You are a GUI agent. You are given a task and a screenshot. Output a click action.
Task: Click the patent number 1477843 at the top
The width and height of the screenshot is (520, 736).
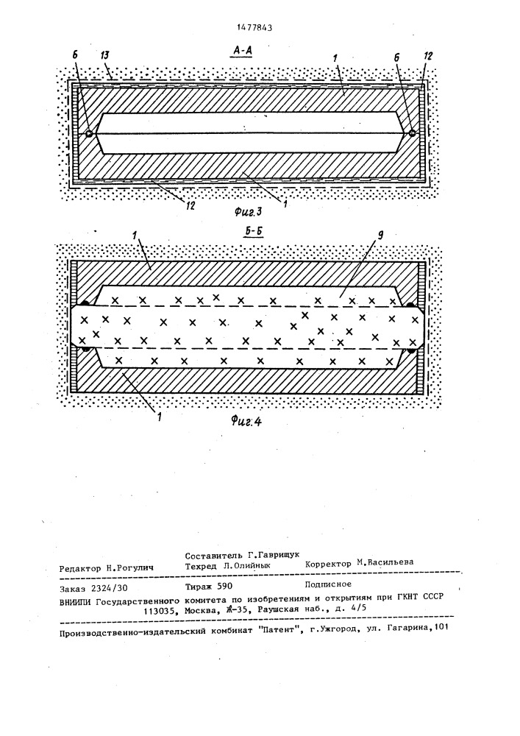pos(254,28)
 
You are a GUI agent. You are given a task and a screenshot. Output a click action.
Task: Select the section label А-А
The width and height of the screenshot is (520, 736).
pos(241,51)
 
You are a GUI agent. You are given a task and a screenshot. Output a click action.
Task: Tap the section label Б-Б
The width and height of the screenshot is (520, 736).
pos(253,233)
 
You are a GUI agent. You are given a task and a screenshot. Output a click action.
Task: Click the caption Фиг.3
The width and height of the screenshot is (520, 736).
pos(248,212)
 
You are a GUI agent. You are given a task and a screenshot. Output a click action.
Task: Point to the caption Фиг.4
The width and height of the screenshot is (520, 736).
pos(246,421)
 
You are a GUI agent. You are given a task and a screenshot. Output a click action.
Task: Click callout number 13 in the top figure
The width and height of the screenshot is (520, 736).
pos(105,55)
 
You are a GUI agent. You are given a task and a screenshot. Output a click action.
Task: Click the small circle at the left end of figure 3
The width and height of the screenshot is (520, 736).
pos(88,134)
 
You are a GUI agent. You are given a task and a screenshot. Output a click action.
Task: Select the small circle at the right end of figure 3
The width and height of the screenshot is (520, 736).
pos(412,133)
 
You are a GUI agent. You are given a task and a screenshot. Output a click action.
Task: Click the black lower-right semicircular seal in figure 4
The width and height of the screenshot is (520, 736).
pos(413,350)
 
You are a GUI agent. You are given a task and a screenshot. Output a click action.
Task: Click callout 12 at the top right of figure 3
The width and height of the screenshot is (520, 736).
pos(427,56)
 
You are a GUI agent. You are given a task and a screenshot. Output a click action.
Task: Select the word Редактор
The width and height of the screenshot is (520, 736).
pos(80,568)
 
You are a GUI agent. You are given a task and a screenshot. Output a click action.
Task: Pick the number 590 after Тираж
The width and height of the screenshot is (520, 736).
pos(225,586)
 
